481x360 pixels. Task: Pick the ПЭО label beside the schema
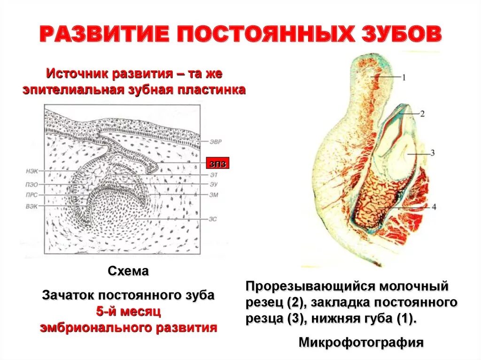(x=32, y=184)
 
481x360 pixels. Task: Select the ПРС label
(x=32, y=195)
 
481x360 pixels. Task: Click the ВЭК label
(x=32, y=206)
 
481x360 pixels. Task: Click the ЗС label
(x=213, y=219)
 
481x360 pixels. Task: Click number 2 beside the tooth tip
(x=422, y=114)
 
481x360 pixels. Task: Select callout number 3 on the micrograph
(x=433, y=153)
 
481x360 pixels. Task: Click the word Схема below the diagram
(x=128, y=271)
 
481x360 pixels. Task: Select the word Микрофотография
(x=361, y=342)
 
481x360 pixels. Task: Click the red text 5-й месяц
(x=128, y=311)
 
